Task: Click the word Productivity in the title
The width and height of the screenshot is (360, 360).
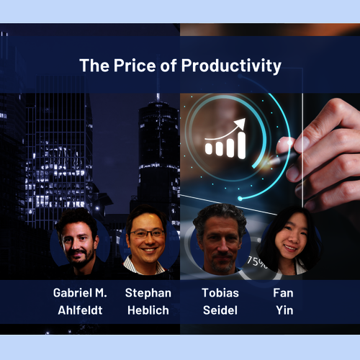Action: coord(231,66)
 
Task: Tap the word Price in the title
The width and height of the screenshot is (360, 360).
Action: coord(135,66)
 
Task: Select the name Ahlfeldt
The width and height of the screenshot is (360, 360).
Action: coord(80,310)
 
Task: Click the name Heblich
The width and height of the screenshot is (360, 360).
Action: coord(148,310)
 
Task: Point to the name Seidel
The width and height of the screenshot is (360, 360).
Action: coord(220,310)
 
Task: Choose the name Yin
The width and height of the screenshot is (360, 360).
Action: coord(284,310)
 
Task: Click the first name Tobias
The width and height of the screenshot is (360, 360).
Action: coord(220,293)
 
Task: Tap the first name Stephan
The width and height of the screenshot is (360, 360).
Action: coord(148,293)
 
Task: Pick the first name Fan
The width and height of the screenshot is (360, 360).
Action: coord(283,293)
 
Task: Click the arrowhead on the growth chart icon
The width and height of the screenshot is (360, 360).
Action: coord(240,124)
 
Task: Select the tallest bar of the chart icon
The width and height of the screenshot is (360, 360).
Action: coord(242,145)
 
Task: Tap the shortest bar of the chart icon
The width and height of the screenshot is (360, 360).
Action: coord(209,149)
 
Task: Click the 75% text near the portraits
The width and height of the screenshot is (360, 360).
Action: coord(257,262)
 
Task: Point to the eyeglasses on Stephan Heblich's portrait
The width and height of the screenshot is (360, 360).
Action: coord(148,233)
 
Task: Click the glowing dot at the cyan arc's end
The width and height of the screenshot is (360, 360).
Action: coord(240,199)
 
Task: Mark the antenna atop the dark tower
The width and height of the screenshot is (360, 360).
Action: coord(158,97)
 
